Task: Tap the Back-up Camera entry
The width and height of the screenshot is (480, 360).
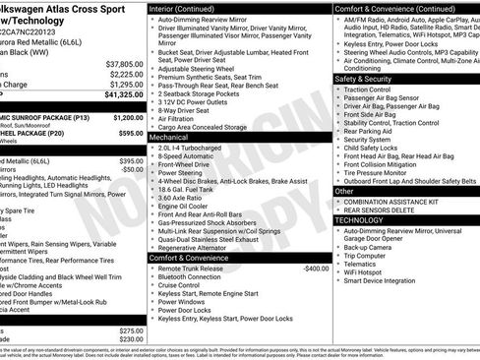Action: [373, 247]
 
